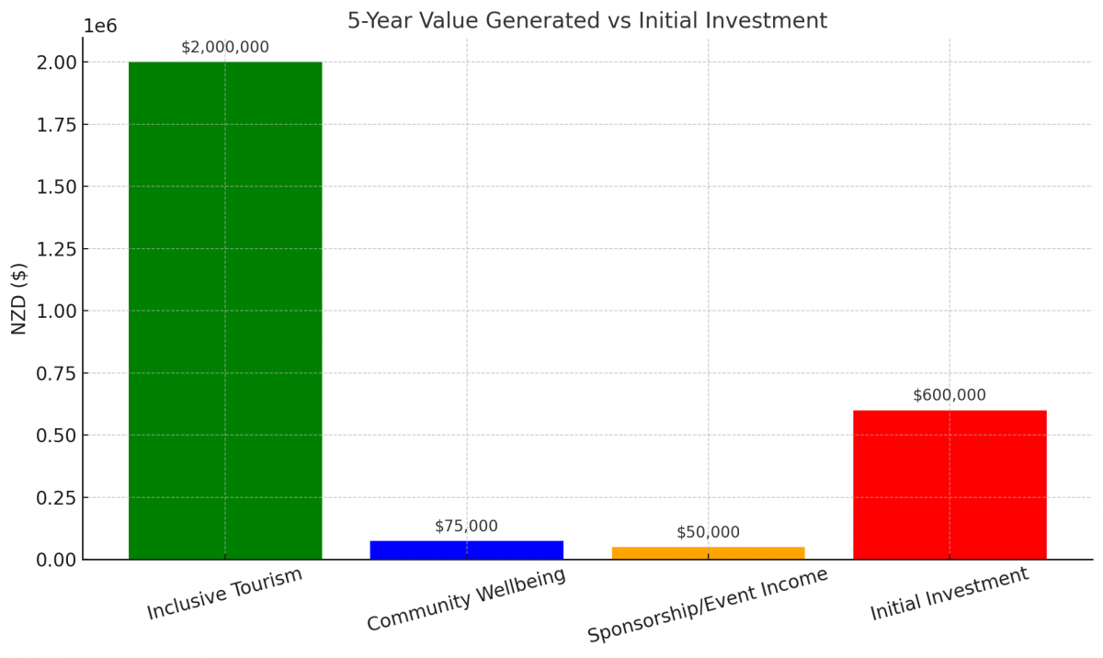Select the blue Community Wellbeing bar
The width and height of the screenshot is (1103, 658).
(x=467, y=550)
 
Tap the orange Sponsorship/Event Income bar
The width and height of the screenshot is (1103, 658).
(x=708, y=552)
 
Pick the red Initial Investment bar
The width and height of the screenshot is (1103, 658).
(x=949, y=484)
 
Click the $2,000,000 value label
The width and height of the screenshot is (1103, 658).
(x=225, y=47)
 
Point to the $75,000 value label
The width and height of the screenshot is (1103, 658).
(x=466, y=526)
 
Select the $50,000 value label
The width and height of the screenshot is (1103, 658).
(x=708, y=532)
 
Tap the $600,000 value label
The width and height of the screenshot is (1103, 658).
(x=949, y=395)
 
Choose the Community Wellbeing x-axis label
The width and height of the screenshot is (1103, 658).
(x=466, y=599)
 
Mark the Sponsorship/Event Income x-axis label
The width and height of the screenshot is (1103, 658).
(x=708, y=605)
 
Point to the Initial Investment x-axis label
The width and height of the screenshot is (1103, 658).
(x=949, y=594)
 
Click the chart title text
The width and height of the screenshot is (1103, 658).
(x=587, y=20)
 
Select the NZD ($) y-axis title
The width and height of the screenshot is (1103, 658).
(x=19, y=299)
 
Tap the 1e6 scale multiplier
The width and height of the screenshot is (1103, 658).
(x=100, y=26)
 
